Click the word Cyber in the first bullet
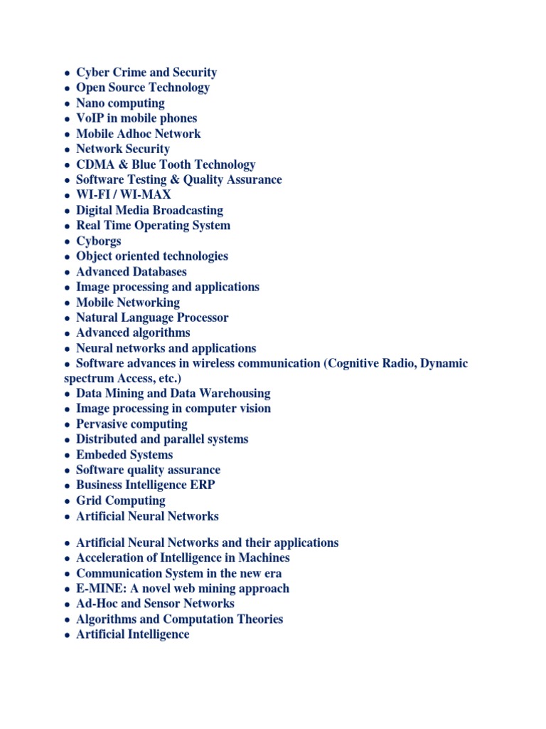click(x=92, y=73)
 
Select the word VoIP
click(x=90, y=118)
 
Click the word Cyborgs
click(x=99, y=241)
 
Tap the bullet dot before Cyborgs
click(x=66, y=242)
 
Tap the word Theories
click(x=257, y=619)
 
